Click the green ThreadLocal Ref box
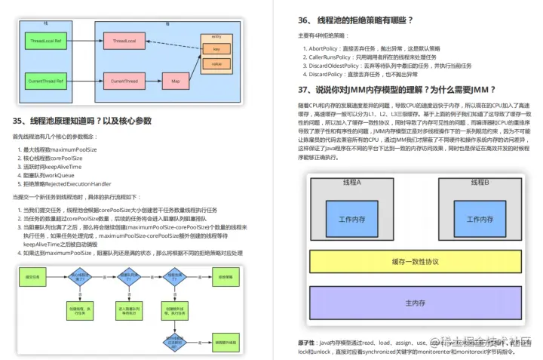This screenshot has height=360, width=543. point(46,38)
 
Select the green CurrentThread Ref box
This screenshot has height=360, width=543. point(46,80)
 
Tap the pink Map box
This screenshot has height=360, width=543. point(175,80)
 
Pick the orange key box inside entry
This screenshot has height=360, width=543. point(216,50)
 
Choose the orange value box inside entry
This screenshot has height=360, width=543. point(216,64)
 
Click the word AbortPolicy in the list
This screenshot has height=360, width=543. point(324,48)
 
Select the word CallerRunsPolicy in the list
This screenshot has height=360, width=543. point(330,57)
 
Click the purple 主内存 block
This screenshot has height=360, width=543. point(416,303)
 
